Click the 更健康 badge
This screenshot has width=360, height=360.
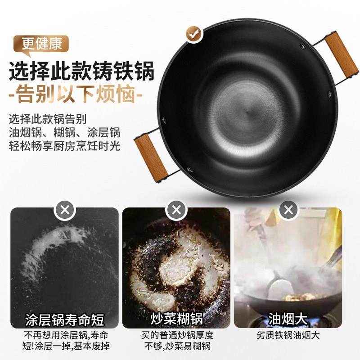coord(41,45)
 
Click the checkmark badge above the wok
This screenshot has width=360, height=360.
coord(194,34)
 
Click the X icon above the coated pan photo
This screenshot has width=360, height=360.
coord(64,209)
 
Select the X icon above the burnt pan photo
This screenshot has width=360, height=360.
coord(176,209)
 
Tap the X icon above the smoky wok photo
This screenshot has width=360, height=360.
coord(288,209)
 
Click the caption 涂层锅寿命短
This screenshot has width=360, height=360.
coord(64,320)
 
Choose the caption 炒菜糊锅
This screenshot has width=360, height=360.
coord(176,320)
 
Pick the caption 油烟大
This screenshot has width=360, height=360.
coord(288,320)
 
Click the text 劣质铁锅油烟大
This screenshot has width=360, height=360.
coord(288,335)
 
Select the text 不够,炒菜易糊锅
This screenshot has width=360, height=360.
coord(176,346)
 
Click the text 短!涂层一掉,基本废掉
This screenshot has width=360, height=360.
coord(64,346)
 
